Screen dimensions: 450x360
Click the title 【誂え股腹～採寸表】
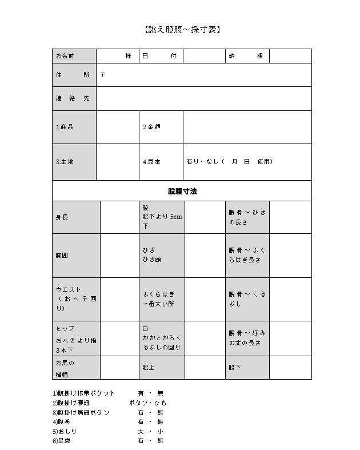click(x=181, y=29)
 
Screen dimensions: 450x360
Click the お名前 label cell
click(x=74, y=56)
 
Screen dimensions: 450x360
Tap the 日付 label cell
click(x=161, y=56)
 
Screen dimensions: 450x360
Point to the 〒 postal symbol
click(x=102, y=75)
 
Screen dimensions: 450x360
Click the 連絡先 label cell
click(x=74, y=98)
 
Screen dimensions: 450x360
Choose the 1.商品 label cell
click(x=74, y=127)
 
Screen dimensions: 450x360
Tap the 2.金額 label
click(x=151, y=127)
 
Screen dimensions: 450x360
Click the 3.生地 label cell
click(x=74, y=162)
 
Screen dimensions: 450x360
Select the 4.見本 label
click(x=151, y=162)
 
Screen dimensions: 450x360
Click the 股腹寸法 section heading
click(x=182, y=191)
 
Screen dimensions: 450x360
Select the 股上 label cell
click(x=162, y=368)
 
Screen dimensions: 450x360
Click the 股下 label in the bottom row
click(x=247, y=368)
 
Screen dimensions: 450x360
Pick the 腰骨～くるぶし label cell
click(x=247, y=299)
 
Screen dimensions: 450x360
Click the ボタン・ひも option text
click(x=148, y=403)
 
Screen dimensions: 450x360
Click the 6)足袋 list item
click(x=62, y=441)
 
